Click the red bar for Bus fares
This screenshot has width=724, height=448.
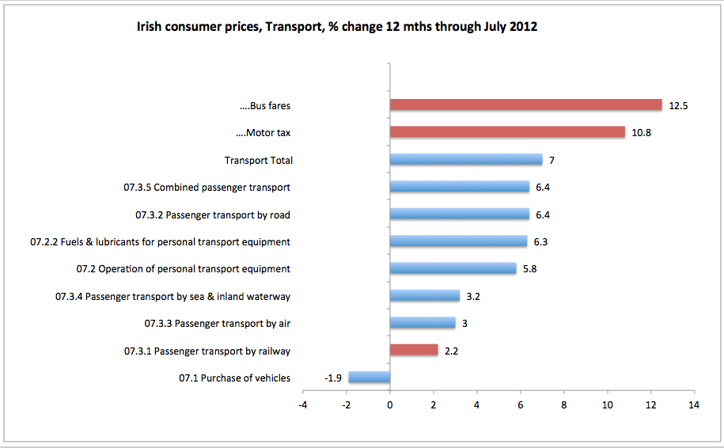point(525,105)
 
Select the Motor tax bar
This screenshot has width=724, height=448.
point(507,132)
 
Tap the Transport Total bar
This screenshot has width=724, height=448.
point(466,160)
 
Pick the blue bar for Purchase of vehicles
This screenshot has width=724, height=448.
point(370,378)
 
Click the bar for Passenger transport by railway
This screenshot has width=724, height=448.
point(414,350)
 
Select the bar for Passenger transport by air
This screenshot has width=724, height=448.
point(423,323)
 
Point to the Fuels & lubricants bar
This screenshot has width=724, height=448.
point(458,241)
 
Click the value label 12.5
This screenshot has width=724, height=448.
point(678,105)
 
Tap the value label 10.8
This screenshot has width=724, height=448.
point(641,133)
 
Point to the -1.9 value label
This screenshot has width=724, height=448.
point(333,378)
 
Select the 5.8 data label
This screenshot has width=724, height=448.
point(530,269)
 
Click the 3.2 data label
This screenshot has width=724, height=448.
point(473,297)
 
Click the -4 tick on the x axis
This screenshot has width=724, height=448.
point(303,405)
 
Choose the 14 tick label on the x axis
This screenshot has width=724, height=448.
point(694,405)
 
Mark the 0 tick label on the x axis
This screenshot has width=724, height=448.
point(390,405)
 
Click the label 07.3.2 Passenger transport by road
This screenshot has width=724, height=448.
point(213,215)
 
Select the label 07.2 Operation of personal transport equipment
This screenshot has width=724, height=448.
point(184,269)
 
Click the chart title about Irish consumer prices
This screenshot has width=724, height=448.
point(338,27)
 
